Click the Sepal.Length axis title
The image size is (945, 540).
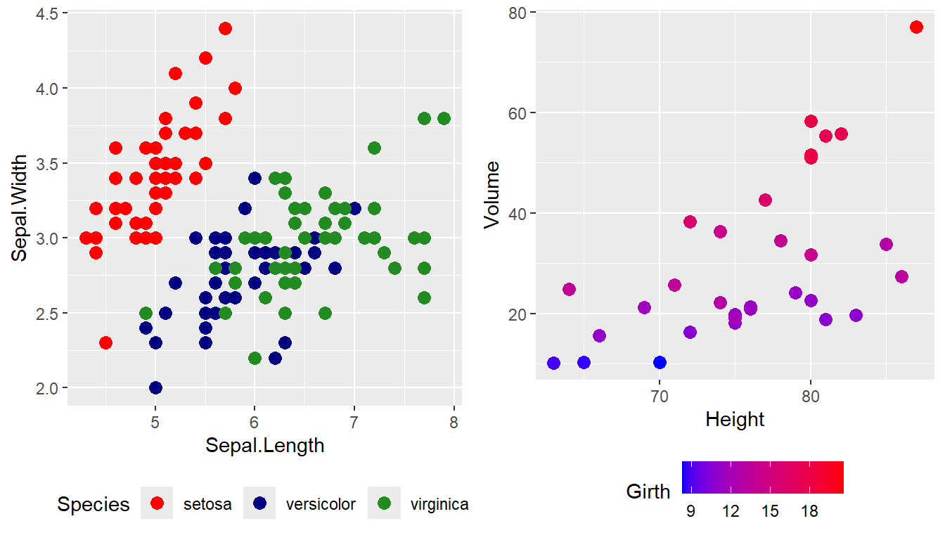click(x=264, y=445)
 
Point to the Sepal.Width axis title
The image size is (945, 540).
click(x=20, y=208)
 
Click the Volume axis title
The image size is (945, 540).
click(x=492, y=195)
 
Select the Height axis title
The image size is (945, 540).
click(x=735, y=420)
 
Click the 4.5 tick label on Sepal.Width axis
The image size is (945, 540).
click(x=47, y=13)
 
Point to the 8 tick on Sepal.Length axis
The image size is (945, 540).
click(x=454, y=422)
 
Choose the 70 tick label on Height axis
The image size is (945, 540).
click(x=660, y=397)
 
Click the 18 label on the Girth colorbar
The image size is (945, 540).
click(x=809, y=511)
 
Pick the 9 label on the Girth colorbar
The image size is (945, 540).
click(x=690, y=511)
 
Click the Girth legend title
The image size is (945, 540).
click(x=648, y=491)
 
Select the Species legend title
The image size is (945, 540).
click(x=94, y=504)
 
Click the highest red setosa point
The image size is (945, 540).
click(x=225, y=28)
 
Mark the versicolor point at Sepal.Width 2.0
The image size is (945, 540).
click(x=155, y=387)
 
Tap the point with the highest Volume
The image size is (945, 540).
click(x=916, y=27)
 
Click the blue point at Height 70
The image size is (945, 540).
click(x=660, y=362)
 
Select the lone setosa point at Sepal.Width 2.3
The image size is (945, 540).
click(x=105, y=342)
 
